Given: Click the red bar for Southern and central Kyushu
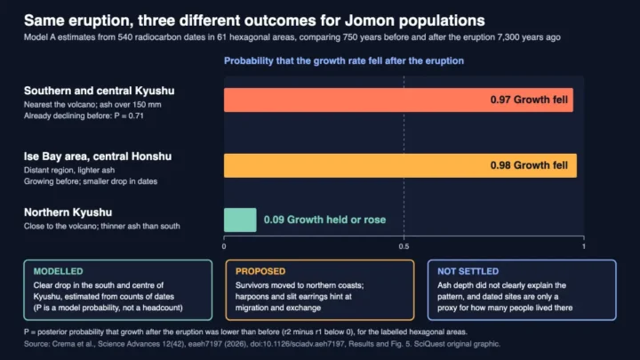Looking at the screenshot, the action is click(x=398, y=100).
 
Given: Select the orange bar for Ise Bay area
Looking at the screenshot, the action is click(x=400, y=165).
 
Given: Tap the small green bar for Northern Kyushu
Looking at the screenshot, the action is click(x=240, y=220).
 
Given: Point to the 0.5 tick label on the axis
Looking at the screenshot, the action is click(x=404, y=246).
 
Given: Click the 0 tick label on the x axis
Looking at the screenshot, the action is click(x=224, y=246).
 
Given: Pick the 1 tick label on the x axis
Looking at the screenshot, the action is click(x=584, y=246).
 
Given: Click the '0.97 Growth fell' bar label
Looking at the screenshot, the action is click(x=529, y=100).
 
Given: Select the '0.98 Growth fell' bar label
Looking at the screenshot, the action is click(x=529, y=165).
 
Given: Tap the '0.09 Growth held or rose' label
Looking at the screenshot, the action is click(x=324, y=220).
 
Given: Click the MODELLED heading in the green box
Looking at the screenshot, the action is click(x=58, y=271).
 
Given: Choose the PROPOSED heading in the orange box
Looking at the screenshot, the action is click(x=260, y=271).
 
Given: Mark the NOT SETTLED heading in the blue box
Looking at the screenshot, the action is click(x=468, y=271).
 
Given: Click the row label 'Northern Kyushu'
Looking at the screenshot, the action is click(x=68, y=212).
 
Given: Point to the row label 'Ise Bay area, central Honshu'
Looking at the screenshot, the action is click(x=98, y=156).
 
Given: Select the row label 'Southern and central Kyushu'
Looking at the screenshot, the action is click(x=99, y=91).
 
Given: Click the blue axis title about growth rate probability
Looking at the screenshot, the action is click(x=344, y=60).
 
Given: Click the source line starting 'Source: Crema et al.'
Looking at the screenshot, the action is click(x=261, y=344).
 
